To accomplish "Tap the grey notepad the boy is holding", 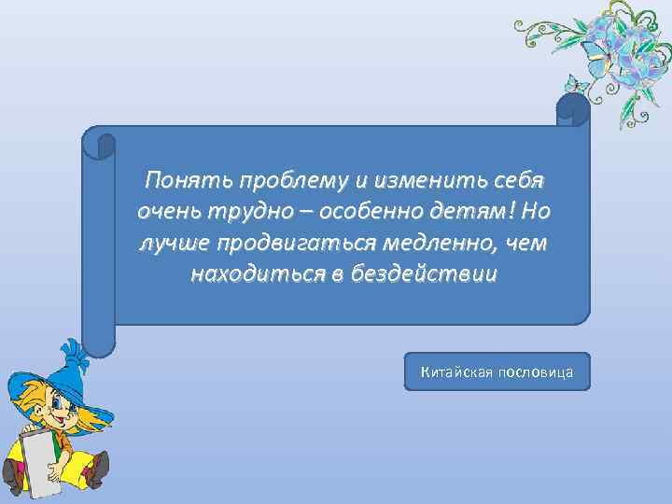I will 39,462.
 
